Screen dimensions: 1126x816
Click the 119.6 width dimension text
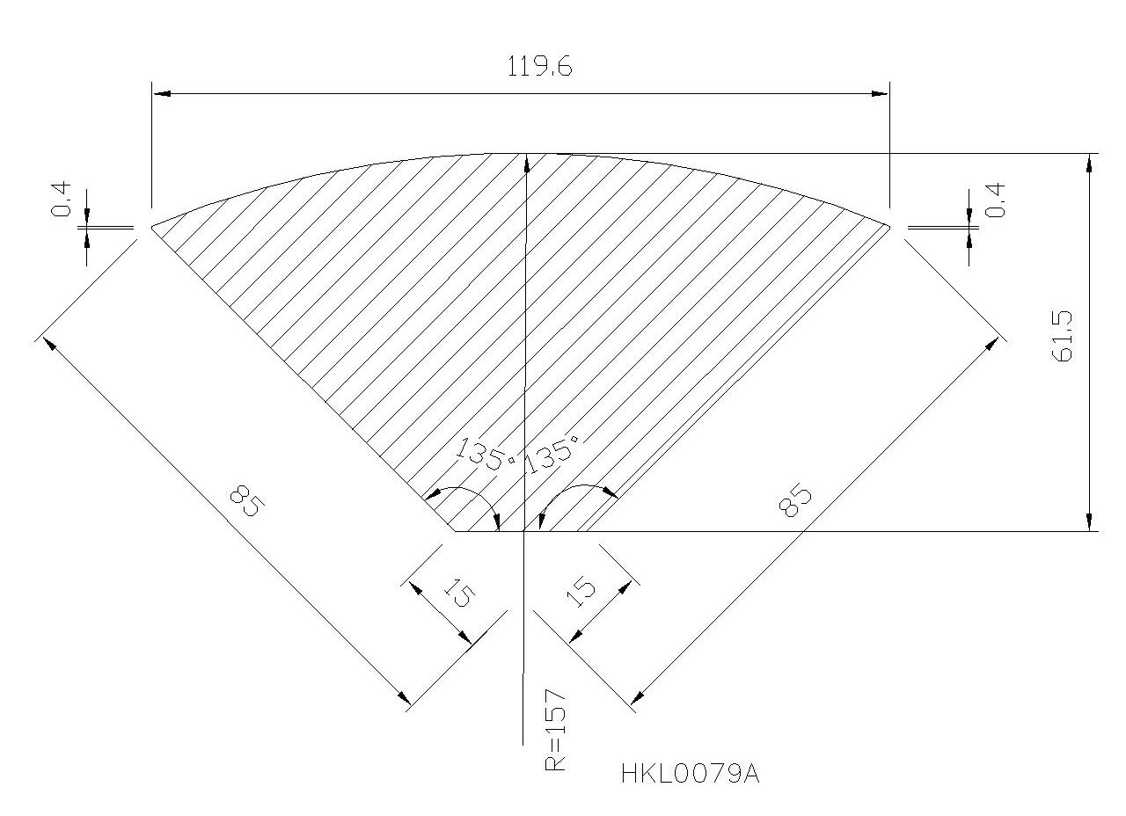(x=539, y=66)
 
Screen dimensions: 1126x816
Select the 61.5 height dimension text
(x=1062, y=336)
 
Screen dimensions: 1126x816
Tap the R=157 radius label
(x=555, y=729)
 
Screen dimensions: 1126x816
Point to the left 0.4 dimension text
(x=62, y=199)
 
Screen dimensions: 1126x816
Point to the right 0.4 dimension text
(x=995, y=200)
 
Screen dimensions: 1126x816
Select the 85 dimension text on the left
(x=245, y=500)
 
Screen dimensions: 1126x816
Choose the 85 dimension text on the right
(x=794, y=500)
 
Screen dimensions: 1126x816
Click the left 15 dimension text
(x=458, y=593)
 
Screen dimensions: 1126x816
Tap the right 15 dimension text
(x=581, y=592)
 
